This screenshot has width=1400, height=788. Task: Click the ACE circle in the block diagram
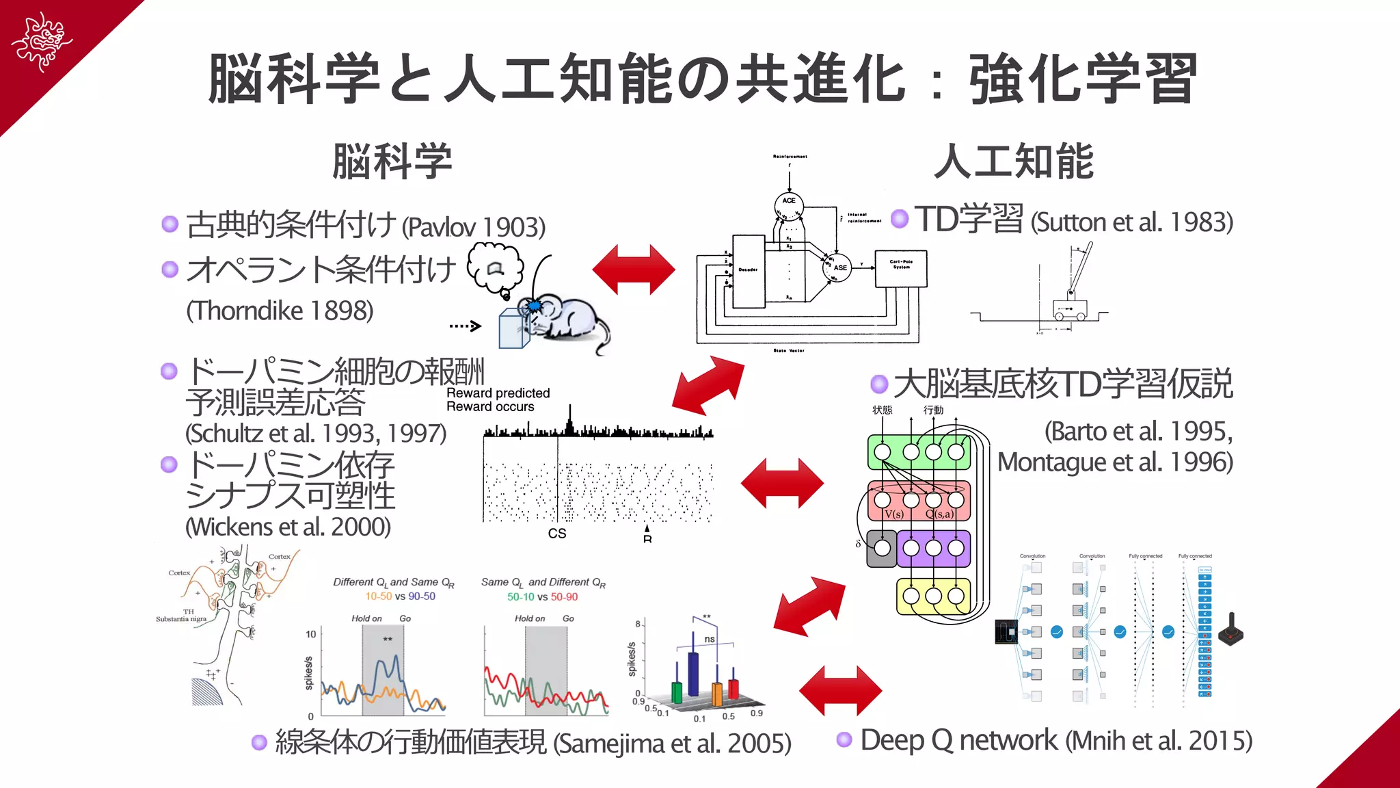point(789,201)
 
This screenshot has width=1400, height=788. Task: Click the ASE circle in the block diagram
point(839,267)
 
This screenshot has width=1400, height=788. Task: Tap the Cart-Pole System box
point(901,268)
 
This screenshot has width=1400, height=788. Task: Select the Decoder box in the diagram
point(749,271)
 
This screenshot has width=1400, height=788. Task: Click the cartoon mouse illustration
point(564,319)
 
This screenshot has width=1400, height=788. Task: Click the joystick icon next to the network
point(1230,630)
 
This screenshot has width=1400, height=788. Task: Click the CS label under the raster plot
point(556,534)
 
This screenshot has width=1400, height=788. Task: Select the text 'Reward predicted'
point(498,393)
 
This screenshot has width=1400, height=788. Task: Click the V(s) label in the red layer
point(893,514)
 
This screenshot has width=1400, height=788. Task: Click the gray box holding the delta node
point(882,549)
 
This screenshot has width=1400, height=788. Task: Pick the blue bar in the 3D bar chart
point(693,674)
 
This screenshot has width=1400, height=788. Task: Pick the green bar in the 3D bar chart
point(677,692)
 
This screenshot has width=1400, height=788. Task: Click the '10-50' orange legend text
point(378,596)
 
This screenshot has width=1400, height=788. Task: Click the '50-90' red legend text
point(564,597)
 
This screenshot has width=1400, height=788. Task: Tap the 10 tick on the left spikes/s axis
point(310,634)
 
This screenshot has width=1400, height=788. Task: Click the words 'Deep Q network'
point(958,741)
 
